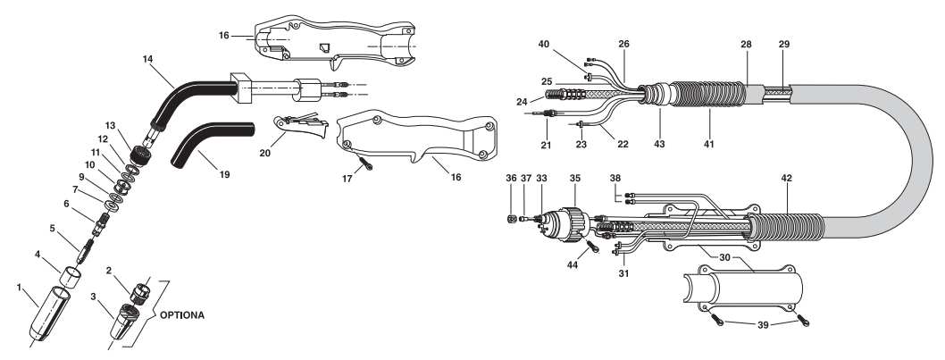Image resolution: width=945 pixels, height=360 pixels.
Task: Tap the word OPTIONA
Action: coord(182,314)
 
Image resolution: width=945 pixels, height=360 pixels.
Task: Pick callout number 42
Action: coord(787,178)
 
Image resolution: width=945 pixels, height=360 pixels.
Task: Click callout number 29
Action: coord(783,44)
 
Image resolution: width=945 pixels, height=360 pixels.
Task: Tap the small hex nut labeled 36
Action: coord(511,218)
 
